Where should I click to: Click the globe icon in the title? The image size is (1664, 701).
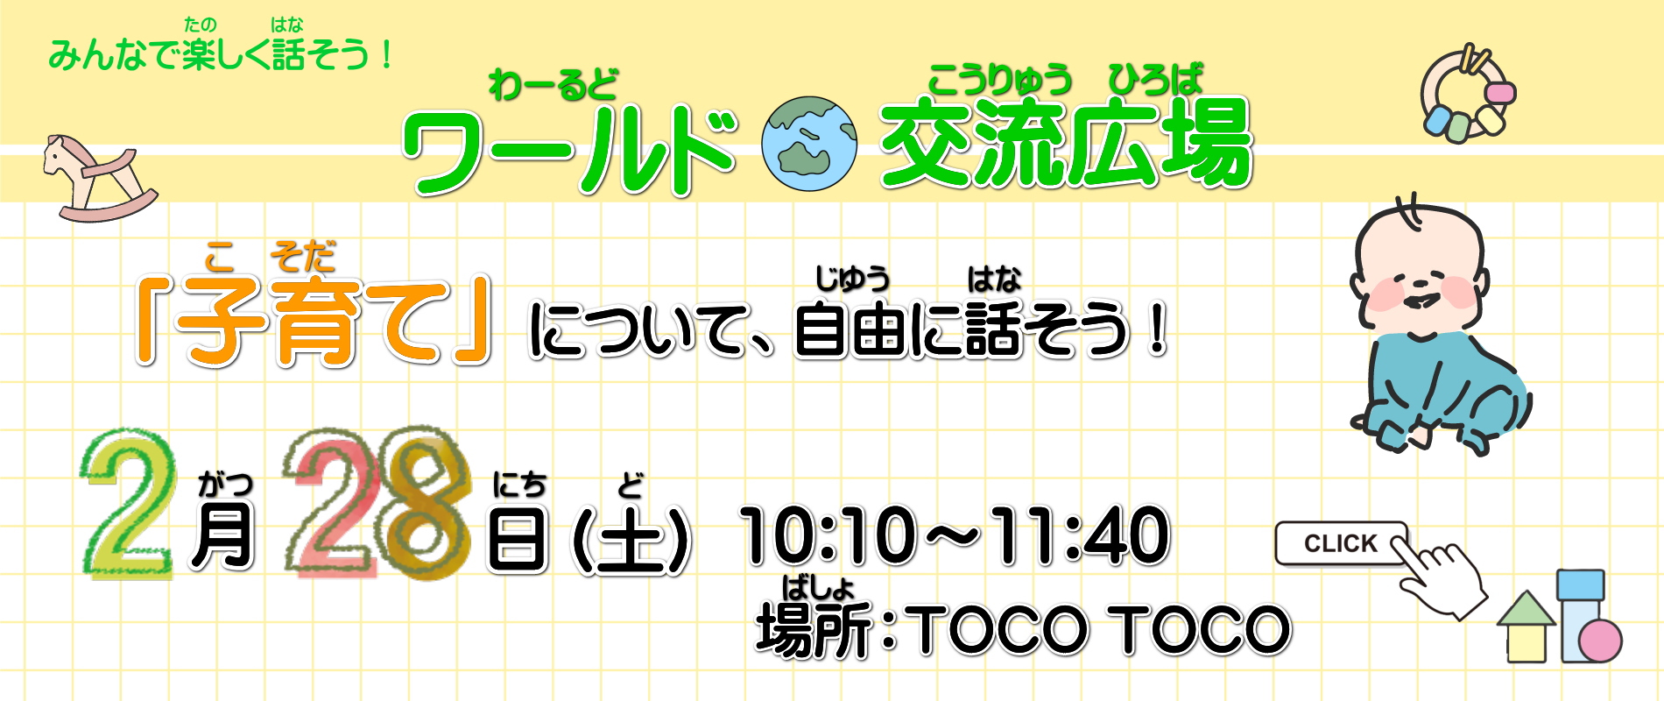click(x=808, y=144)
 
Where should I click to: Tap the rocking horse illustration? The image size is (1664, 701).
click(x=99, y=178)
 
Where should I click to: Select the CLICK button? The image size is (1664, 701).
click(x=1340, y=543)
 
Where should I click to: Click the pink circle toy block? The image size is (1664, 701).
click(x=1600, y=641)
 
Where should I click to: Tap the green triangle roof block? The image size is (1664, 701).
click(x=1527, y=608)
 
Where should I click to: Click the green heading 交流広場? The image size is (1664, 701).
click(x=1067, y=143)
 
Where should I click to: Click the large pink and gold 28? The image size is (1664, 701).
click(x=377, y=504)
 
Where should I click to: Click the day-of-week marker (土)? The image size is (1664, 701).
click(x=631, y=541)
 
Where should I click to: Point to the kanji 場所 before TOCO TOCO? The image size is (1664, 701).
click(x=815, y=629)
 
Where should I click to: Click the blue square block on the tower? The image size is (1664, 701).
click(x=1581, y=585)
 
